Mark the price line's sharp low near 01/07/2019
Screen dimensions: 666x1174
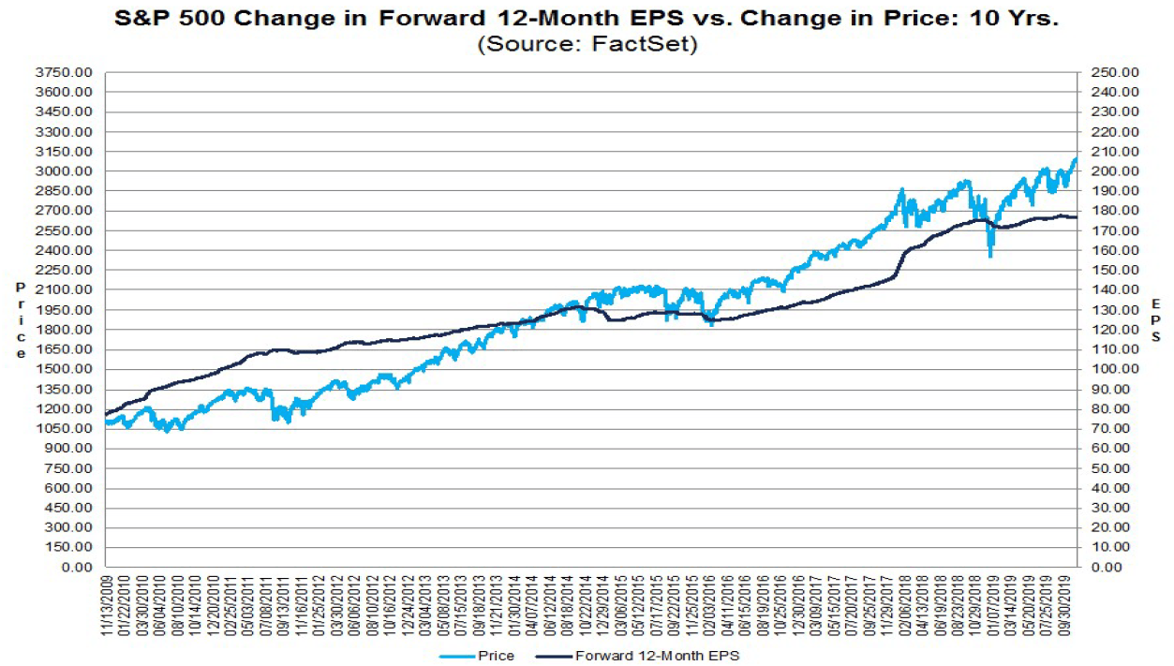[990, 256]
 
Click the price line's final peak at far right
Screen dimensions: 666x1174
[1076, 159]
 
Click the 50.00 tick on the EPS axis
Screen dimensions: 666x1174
[1111, 468]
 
